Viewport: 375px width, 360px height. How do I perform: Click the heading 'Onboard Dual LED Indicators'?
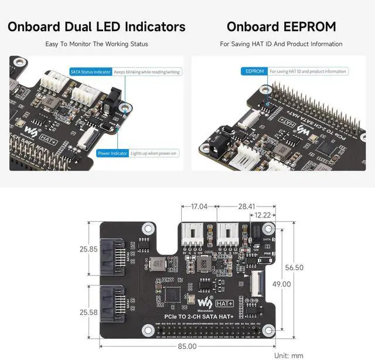point(97,26)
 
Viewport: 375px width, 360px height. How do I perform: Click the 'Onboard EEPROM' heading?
point(281,26)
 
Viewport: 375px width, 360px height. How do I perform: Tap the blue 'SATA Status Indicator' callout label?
point(91,72)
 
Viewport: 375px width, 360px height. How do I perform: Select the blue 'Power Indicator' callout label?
point(112,153)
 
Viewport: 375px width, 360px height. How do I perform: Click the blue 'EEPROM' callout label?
point(255,72)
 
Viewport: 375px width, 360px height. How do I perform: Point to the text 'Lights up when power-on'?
point(155,153)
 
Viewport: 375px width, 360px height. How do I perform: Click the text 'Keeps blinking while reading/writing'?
point(147,72)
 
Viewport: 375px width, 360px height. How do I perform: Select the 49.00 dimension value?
point(281,284)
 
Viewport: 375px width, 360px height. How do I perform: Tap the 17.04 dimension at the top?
point(199,206)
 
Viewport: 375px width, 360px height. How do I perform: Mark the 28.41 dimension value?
point(246,206)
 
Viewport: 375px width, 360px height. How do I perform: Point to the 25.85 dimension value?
point(88,249)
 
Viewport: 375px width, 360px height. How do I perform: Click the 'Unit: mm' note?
point(289,355)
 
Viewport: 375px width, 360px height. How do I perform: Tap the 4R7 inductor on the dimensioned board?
point(157,263)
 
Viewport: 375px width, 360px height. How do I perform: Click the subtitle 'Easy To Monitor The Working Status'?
point(97,44)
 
